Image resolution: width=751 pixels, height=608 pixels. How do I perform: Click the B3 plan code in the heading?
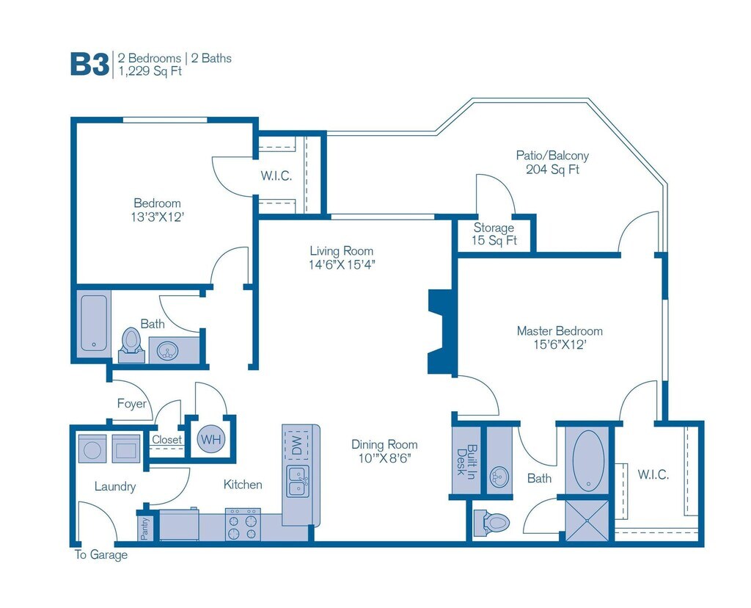point(89,65)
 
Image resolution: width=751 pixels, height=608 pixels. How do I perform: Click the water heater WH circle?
point(210,439)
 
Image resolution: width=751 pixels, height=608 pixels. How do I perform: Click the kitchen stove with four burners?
point(243,524)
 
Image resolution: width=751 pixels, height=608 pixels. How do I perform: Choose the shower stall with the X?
point(587,521)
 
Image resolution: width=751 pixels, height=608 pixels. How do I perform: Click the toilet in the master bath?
point(491,522)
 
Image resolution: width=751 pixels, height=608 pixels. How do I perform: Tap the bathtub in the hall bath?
point(94,322)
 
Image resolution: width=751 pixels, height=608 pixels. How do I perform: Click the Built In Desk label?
point(466,460)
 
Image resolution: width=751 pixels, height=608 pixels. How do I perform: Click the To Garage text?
point(101,555)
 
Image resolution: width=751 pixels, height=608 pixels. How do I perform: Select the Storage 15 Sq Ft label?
point(494,234)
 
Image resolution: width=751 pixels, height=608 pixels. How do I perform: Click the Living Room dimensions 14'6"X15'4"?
point(342,264)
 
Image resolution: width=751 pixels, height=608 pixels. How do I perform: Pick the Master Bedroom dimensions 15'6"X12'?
point(560,345)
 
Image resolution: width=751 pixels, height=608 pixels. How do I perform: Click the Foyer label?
point(132,403)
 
